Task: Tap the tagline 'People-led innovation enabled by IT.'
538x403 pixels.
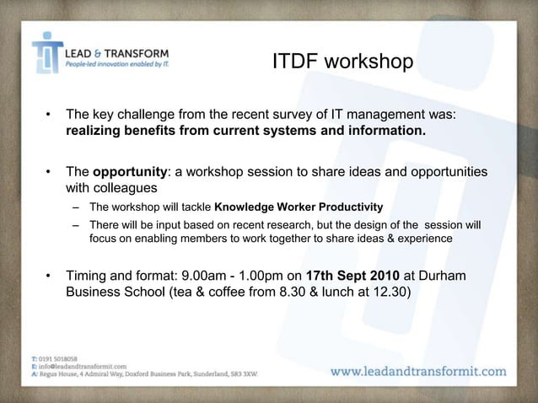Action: coord(117,62)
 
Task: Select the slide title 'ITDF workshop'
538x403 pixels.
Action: coord(342,63)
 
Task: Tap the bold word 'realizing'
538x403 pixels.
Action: coord(97,132)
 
